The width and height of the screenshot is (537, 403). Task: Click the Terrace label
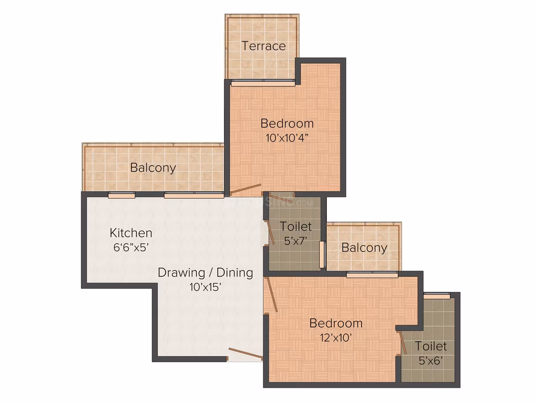point(264,46)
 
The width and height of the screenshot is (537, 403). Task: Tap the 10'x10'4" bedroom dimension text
point(287,138)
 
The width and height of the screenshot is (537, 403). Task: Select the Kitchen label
point(131,233)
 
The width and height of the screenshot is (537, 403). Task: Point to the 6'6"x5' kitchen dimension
point(131,247)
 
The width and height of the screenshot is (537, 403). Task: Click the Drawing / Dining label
point(206,273)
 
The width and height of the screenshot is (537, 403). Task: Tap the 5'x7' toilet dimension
point(295,240)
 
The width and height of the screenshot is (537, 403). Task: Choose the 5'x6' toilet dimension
point(431,360)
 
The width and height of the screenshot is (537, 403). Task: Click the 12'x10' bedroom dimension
point(336,338)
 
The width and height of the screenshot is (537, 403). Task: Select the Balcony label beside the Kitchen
point(153,168)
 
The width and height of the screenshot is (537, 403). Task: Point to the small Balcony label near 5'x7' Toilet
point(364,248)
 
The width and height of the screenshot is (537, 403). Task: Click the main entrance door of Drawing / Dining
point(245,354)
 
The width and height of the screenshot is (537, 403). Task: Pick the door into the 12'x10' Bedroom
point(272,295)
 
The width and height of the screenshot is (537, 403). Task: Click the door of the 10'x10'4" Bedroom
point(246,189)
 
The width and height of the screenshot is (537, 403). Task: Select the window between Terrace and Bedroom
point(263,82)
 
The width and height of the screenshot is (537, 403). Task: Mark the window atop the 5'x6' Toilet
point(437,296)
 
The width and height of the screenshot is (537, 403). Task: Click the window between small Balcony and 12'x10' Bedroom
point(372,274)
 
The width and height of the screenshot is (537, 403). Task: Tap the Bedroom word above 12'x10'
point(336,323)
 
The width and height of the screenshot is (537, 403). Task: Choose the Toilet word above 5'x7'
point(295,227)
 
